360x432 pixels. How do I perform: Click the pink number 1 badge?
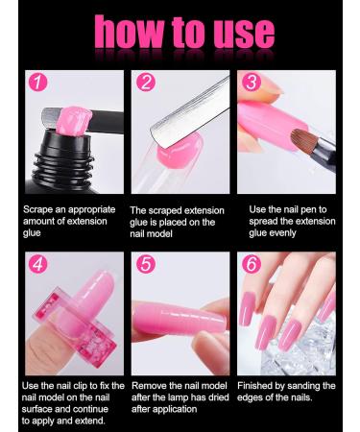(x=38, y=82)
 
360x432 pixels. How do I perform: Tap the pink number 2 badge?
(x=146, y=82)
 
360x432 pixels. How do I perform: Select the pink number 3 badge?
(x=252, y=82)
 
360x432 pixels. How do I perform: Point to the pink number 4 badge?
(x=38, y=264)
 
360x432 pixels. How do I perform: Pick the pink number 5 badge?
(x=146, y=264)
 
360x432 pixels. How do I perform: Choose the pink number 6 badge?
(x=252, y=264)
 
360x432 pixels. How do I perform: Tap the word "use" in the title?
(x=244, y=35)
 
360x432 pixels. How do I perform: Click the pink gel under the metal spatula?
(x=180, y=148)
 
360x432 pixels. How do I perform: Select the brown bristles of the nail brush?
(x=302, y=139)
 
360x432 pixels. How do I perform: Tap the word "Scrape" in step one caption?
(x=38, y=209)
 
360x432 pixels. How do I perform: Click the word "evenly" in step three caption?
(x=280, y=233)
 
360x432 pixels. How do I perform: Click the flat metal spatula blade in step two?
(x=190, y=112)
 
